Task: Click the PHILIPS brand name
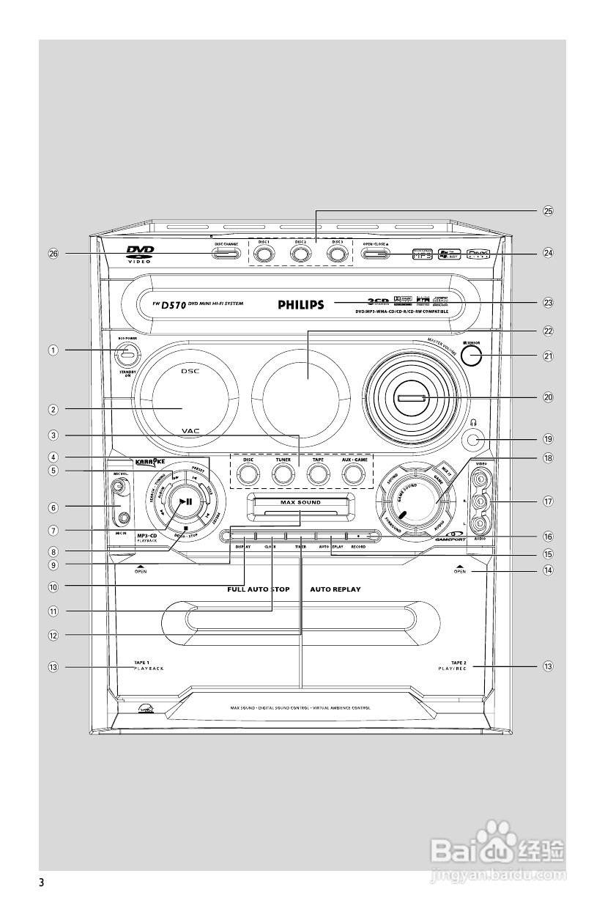[300, 305]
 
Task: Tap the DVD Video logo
[139, 254]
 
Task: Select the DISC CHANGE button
[226, 254]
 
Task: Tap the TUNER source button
[283, 474]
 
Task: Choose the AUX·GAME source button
[354, 474]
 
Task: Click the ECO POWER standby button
[128, 355]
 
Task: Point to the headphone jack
[473, 440]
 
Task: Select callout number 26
[53, 254]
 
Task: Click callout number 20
[547, 397]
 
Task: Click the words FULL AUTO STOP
[258, 589]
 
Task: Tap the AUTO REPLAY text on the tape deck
[335, 589]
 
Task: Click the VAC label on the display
[190, 433]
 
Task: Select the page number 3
[42, 882]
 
